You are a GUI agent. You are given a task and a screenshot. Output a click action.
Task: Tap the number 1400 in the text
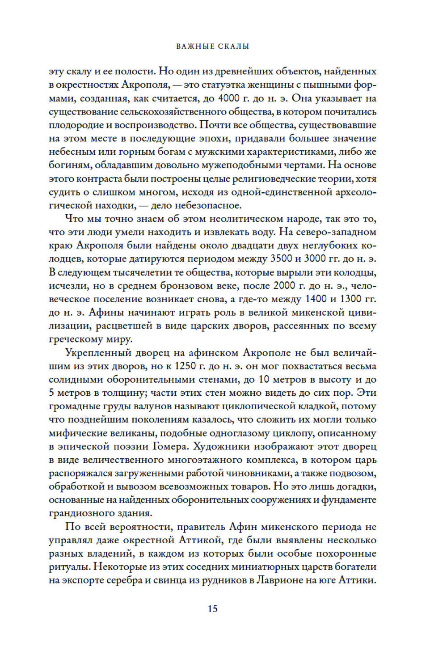point(316,299)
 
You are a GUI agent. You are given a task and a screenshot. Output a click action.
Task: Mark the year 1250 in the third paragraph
point(186,366)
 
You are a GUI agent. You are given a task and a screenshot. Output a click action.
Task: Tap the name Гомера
point(170,446)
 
